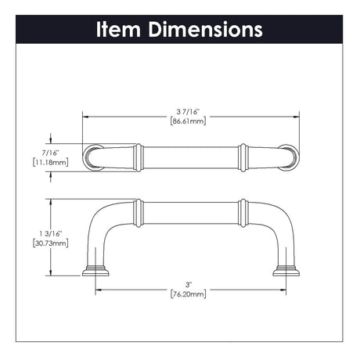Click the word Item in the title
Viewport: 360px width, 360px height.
pyautogui.click(x=118, y=29)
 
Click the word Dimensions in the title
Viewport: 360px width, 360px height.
pyautogui.click(x=205, y=29)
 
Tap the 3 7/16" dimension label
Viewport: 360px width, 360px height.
pyautogui.click(x=188, y=112)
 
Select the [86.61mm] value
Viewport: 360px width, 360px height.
pyautogui.click(x=188, y=121)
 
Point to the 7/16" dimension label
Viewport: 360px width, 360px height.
pyautogui.click(x=51, y=153)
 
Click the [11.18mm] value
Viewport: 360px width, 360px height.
pyautogui.click(x=51, y=162)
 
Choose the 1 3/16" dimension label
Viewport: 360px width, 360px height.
pyautogui.click(x=51, y=233)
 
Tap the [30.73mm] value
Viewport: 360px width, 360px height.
pyautogui.click(x=51, y=243)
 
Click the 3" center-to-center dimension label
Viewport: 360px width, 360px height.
pyautogui.click(x=189, y=284)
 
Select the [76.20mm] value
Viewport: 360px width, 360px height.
pyautogui.click(x=188, y=294)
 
